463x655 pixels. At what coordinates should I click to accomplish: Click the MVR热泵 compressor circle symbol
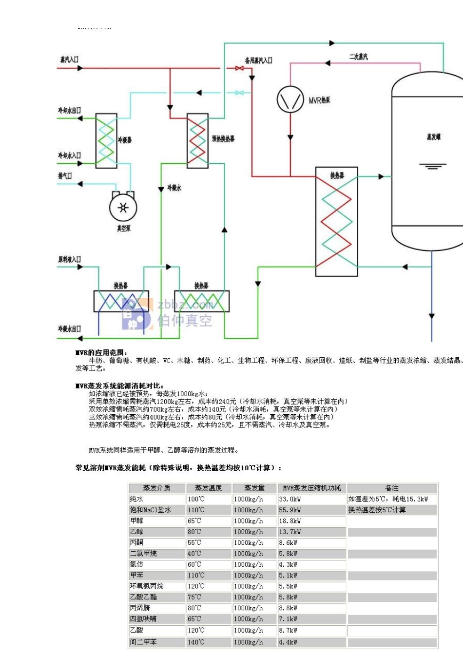click(x=290, y=99)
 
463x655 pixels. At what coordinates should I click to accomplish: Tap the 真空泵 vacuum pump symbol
click(x=123, y=208)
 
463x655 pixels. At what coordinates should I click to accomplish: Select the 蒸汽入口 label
click(x=69, y=59)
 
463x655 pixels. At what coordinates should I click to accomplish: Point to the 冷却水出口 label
click(x=69, y=111)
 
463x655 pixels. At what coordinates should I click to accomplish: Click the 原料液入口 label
click(x=69, y=259)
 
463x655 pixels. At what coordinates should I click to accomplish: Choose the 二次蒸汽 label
click(x=358, y=57)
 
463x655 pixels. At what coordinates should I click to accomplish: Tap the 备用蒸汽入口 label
click(x=258, y=60)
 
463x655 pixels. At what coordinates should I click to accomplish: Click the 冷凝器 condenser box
click(x=106, y=141)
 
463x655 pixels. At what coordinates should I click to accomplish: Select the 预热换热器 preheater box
click(x=197, y=141)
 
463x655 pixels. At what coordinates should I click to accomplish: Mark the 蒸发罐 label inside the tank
click(x=433, y=137)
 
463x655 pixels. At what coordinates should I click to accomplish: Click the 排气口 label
click(x=65, y=176)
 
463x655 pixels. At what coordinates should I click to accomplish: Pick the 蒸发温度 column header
click(x=208, y=488)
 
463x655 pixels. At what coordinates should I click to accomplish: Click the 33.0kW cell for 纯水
click(x=290, y=499)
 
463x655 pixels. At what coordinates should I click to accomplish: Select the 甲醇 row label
click(x=136, y=521)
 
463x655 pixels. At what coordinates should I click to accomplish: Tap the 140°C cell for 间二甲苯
click(x=196, y=642)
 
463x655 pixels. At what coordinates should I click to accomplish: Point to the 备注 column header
click(x=391, y=488)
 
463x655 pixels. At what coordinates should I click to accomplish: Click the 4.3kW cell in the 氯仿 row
click(x=288, y=564)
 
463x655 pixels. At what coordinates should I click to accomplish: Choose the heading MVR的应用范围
click(x=101, y=352)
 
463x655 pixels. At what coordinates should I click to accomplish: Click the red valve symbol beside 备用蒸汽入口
click(x=239, y=68)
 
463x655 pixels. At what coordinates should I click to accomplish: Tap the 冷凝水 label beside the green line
click(x=174, y=188)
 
